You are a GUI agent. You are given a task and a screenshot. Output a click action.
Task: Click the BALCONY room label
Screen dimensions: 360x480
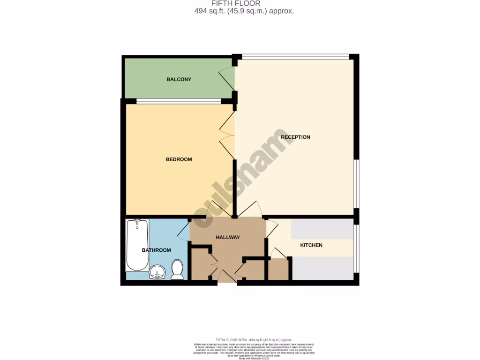coord(179,79)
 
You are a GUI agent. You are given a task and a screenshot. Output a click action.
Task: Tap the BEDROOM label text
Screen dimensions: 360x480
coord(179,159)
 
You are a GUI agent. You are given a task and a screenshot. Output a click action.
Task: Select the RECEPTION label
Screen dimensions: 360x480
coord(295,137)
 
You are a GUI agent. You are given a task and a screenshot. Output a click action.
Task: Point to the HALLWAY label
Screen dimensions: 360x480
coord(227,237)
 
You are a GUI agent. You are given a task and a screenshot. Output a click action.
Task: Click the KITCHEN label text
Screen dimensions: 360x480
coord(311,245)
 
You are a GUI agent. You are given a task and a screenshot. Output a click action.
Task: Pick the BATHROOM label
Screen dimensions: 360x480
coord(156,250)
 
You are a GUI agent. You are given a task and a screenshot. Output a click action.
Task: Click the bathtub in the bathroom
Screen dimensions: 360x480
coord(137,245)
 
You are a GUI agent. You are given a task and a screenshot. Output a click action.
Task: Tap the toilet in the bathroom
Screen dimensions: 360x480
coord(177,270)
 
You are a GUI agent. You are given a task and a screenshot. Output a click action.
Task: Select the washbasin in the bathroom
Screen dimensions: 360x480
coord(157,272)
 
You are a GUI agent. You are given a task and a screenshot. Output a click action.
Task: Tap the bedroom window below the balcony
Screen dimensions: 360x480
coord(179,101)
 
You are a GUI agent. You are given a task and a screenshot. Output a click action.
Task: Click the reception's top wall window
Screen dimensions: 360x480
coord(295,57)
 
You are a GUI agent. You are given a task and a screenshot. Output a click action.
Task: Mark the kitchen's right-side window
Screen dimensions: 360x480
coord(356,248)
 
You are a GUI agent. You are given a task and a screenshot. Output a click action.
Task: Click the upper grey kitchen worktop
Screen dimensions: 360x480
coord(322,229)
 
